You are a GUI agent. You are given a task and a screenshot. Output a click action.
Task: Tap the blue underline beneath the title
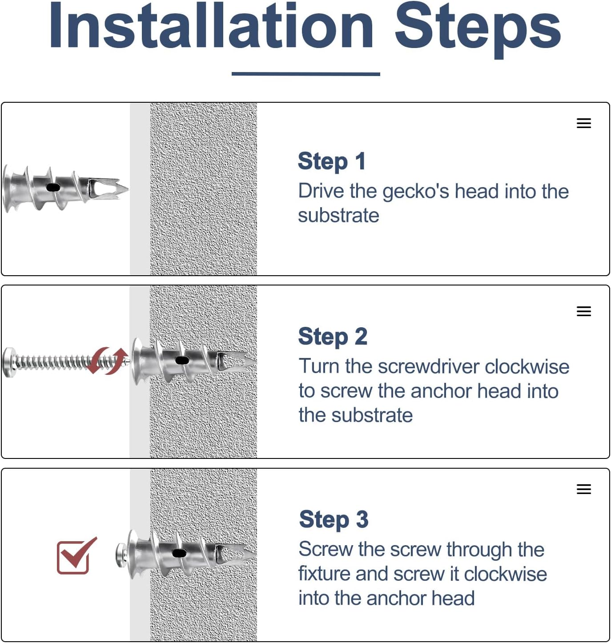(x=305, y=74)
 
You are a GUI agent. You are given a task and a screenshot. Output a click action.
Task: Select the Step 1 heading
(x=331, y=161)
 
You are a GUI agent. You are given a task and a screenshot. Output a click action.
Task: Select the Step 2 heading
(x=333, y=336)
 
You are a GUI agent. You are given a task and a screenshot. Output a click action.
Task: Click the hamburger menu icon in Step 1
(x=583, y=123)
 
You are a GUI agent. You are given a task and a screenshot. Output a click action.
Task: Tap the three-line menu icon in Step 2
(x=583, y=311)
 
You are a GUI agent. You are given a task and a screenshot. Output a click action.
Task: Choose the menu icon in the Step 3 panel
(x=583, y=489)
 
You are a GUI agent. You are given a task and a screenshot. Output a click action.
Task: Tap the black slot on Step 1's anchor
(x=53, y=188)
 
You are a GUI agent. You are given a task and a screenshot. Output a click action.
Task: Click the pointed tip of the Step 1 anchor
(x=128, y=189)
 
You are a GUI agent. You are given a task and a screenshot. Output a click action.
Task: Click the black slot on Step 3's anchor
(x=179, y=553)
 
